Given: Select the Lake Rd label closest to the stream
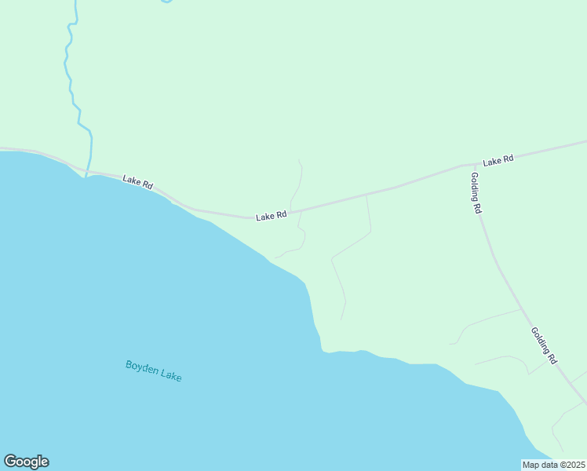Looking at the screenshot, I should (137, 182).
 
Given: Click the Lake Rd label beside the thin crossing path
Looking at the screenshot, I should (271, 215).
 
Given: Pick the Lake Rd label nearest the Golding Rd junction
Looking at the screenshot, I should (498, 160).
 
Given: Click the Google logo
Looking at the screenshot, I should (26, 462).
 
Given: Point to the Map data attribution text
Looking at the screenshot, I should (554, 465).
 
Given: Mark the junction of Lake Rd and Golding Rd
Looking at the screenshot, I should (469, 166).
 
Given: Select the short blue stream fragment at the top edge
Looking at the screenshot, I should (166, 2).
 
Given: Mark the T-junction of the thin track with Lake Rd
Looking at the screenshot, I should (366, 193).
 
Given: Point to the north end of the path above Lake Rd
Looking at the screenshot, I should (299, 160).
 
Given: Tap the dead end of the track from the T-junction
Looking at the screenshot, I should (341, 319).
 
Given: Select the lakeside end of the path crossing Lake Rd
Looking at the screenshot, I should (274, 258).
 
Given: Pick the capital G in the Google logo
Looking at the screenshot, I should (10, 462).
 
